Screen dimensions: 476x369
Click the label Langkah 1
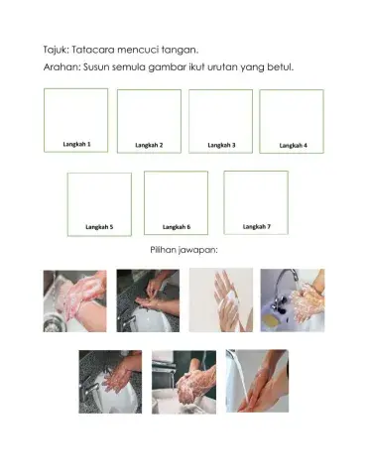pos(76,144)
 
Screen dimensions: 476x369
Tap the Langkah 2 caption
pos(149,145)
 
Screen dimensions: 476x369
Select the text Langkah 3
pos(221,145)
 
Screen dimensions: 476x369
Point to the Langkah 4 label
pos(293,145)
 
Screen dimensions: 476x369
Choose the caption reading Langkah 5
pos(98,227)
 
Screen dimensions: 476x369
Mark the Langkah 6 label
pos(177,227)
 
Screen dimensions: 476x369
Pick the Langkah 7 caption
pos(257,226)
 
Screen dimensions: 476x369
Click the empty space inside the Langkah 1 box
pos(76,114)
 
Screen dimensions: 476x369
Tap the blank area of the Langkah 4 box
pos(292,115)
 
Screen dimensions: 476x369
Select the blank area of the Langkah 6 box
pos(177,197)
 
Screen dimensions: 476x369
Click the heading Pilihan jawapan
pos(184,250)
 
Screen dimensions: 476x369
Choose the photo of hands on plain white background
pos(220,300)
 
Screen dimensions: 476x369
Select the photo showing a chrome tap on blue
pos(292,300)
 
